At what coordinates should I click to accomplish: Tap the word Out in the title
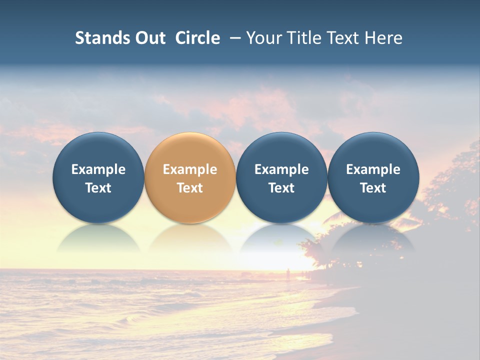148,38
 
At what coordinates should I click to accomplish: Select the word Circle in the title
197,38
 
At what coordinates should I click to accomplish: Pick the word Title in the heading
304,38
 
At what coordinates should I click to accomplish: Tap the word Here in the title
382,38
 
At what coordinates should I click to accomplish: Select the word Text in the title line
343,38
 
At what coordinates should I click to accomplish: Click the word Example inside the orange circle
190,169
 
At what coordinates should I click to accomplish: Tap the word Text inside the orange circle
190,188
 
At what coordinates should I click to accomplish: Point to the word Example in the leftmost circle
98,169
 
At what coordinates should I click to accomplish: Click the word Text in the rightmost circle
373,188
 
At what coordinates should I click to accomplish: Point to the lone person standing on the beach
287,273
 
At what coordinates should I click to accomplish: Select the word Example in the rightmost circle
373,169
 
